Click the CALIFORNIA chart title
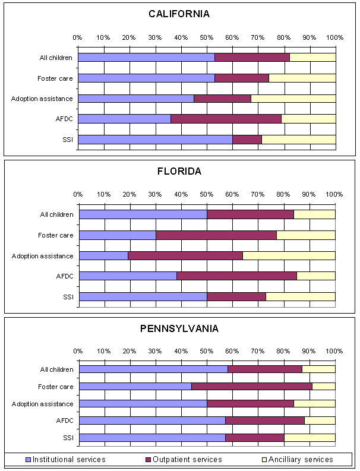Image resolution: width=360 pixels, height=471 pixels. [x=179, y=14]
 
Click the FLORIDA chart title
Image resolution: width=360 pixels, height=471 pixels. [x=179, y=171]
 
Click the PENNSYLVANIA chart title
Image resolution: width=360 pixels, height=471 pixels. [x=179, y=328]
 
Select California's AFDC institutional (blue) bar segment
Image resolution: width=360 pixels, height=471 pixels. [x=124, y=119]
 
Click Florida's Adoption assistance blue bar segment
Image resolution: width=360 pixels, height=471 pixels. [x=103, y=256]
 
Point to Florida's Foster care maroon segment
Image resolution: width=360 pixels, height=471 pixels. [x=216, y=235]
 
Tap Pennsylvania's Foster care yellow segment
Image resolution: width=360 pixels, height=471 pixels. [x=323, y=386]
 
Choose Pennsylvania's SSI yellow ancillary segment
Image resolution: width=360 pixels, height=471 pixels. [x=310, y=438]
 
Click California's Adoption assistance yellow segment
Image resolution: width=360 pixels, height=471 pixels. [x=293, y=98]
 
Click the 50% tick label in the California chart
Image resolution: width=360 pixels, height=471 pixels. [x=206, y=37]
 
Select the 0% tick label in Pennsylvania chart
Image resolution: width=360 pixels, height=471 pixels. [x=78, y=351]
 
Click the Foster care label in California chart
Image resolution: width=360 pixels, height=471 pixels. [x=55, y=78]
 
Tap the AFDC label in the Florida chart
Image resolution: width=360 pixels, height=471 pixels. [x=64, y=276]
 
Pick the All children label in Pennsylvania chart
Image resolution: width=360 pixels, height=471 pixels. [x=56, y=369]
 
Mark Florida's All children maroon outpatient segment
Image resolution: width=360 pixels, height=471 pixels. [x=250, y=214]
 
